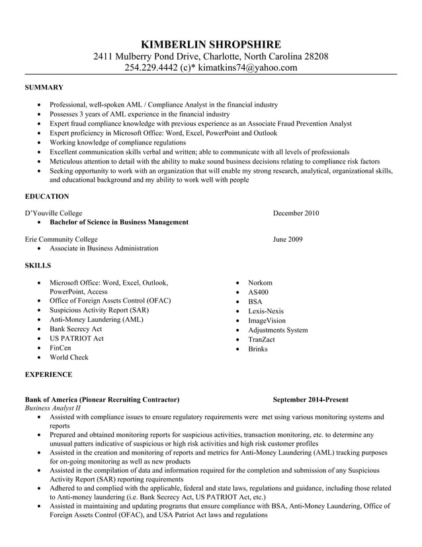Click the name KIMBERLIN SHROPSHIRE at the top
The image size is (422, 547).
point(210,44)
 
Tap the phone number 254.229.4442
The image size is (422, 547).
point(151,68)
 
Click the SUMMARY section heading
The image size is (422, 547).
point(44,87)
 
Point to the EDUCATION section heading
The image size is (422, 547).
point(47,197)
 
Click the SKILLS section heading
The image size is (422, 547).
point(38,266)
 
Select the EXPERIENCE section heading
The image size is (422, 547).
point(48,375)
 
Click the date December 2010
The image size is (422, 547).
point(296,213)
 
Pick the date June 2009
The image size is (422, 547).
point(288,239)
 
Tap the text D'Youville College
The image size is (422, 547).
point(54,213)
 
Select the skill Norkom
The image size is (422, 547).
point(260,283)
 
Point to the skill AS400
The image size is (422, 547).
point(259,292)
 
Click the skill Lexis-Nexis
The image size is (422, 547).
point(266,311)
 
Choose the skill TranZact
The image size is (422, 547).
point(261,339)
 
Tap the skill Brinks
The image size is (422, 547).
point(258,348)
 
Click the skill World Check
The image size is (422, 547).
point(69,358)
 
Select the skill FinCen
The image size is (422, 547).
point(60,348)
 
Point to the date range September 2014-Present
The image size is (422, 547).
point(310,400)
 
